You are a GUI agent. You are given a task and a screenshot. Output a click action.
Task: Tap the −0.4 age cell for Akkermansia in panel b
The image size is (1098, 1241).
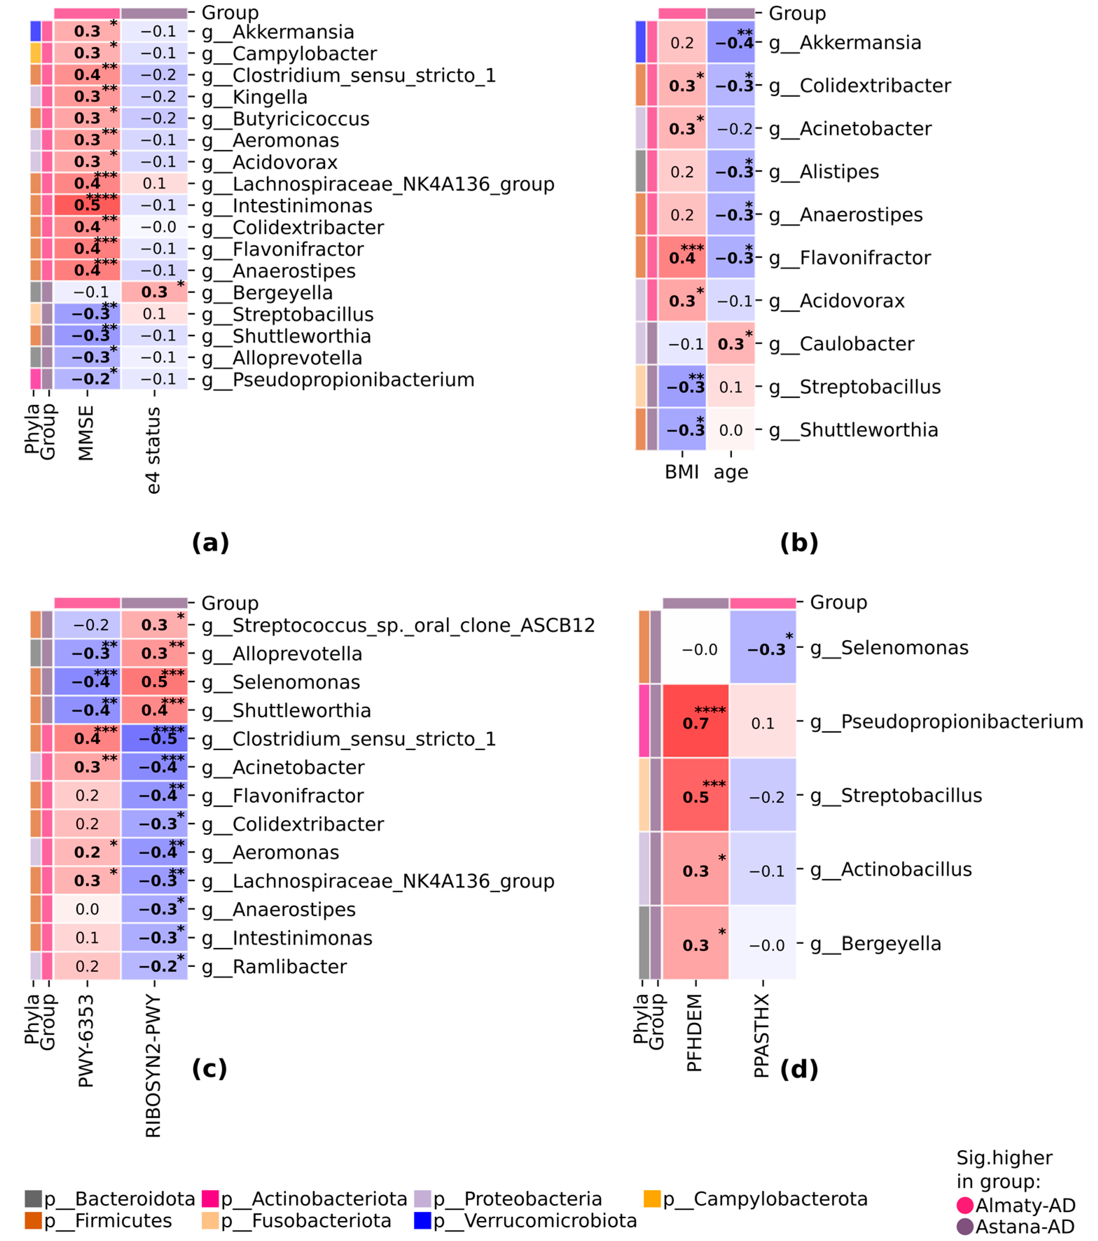(731, 42)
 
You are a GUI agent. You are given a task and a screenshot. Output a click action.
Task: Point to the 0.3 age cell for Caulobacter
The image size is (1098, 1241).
(731, 344)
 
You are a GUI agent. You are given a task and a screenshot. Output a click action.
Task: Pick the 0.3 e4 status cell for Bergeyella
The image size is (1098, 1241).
(154, 292)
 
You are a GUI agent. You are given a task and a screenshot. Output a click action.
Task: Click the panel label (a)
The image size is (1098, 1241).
(210, 542)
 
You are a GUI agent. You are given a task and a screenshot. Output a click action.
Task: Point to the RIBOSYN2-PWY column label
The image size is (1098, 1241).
(154, 1066)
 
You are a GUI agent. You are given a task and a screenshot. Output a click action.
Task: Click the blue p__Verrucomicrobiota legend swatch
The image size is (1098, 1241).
(423, 1220)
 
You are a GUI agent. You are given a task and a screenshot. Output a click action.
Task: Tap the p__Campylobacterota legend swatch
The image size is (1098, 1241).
(652, 1199)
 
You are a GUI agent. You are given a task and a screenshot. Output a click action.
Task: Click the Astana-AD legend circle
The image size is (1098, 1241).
(964, 1226)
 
